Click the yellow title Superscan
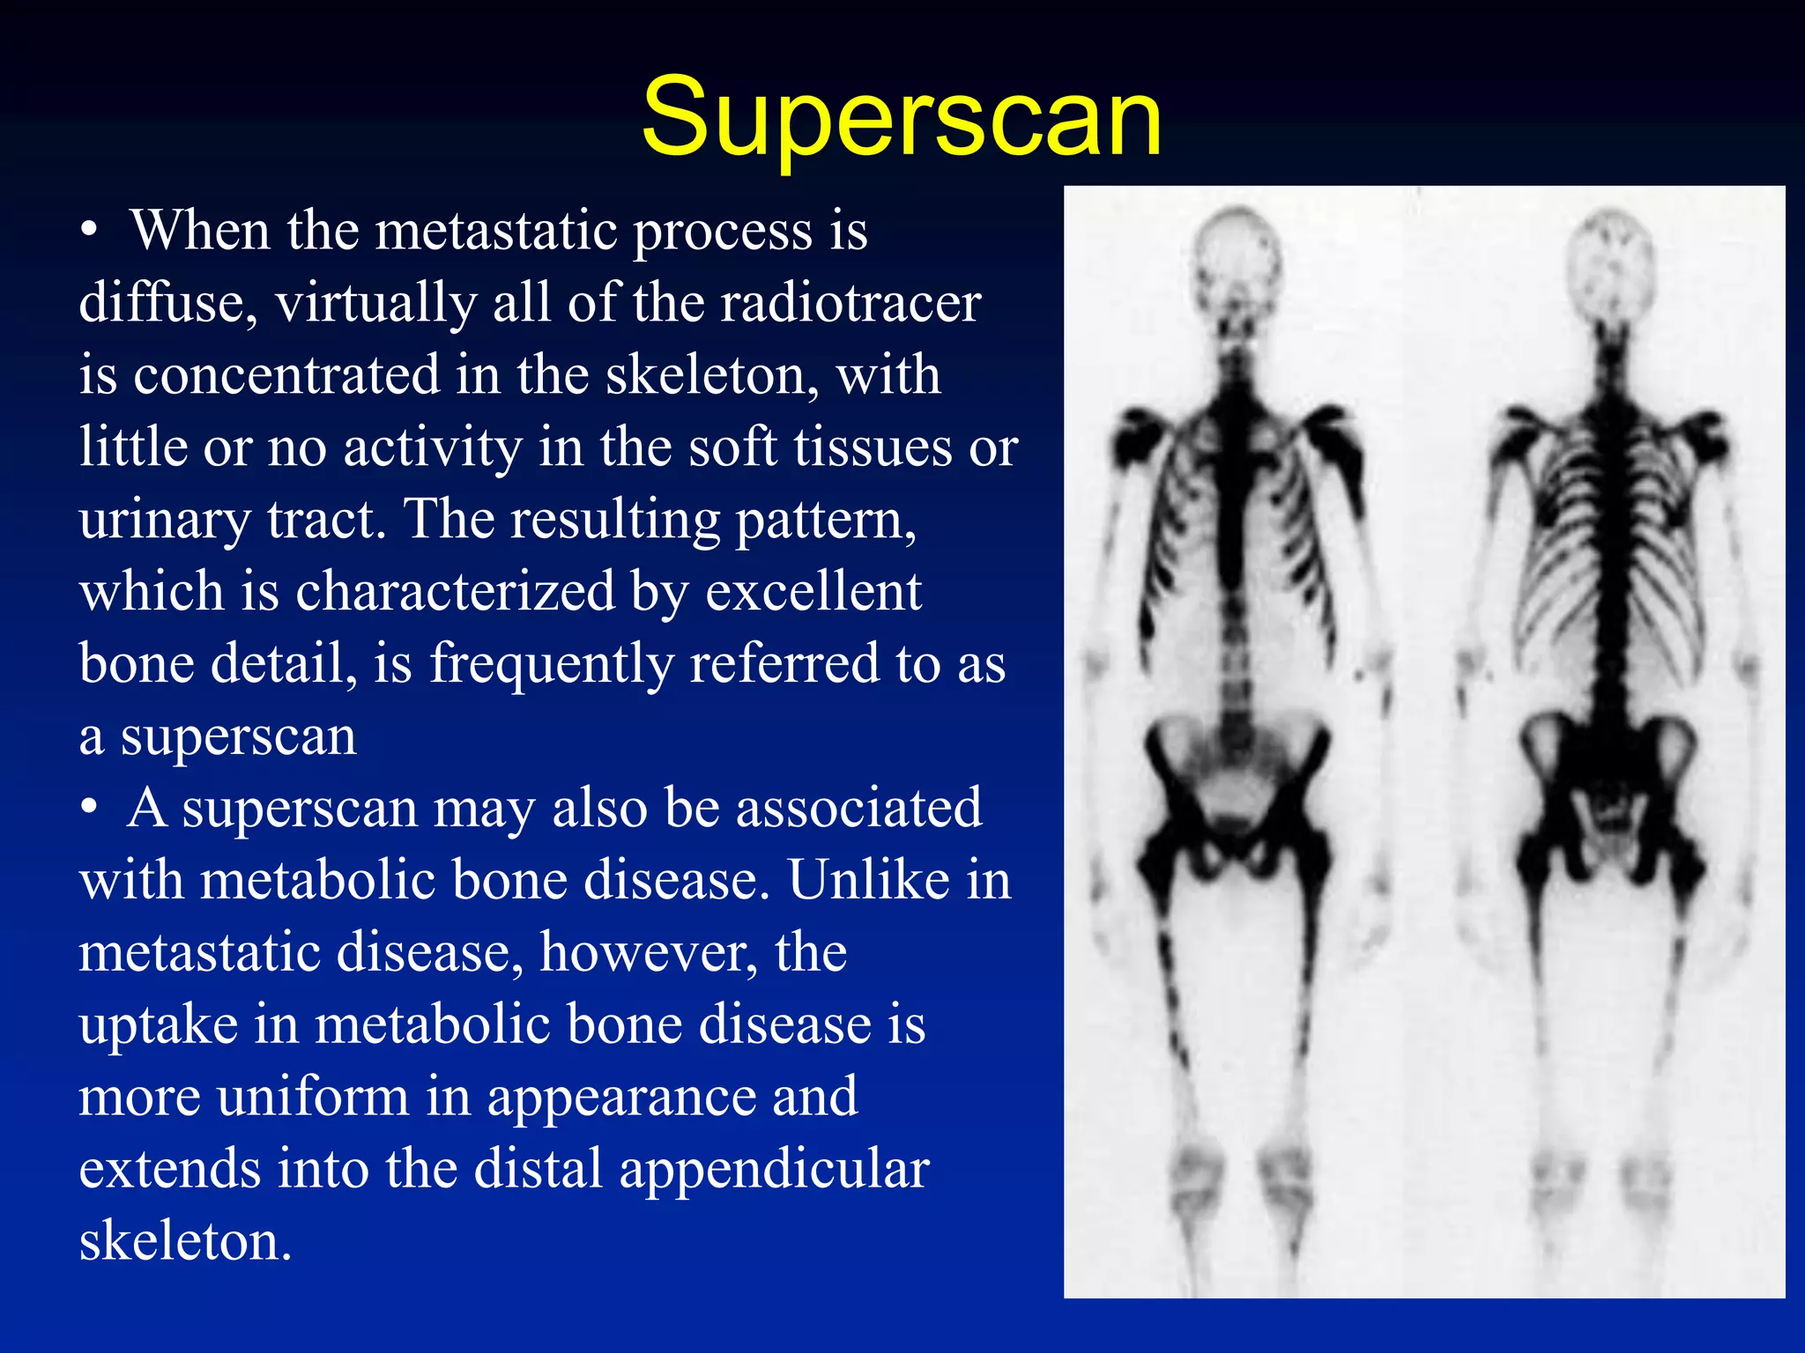tap(901, 117)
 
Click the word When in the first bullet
tap(200, 231)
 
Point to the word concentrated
tap(286, 375)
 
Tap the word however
tap(649, 952)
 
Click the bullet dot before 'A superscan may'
tap(88, 809)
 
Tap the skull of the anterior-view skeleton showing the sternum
tap(1237, 255)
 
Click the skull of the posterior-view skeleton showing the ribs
tap(1611, 255)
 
